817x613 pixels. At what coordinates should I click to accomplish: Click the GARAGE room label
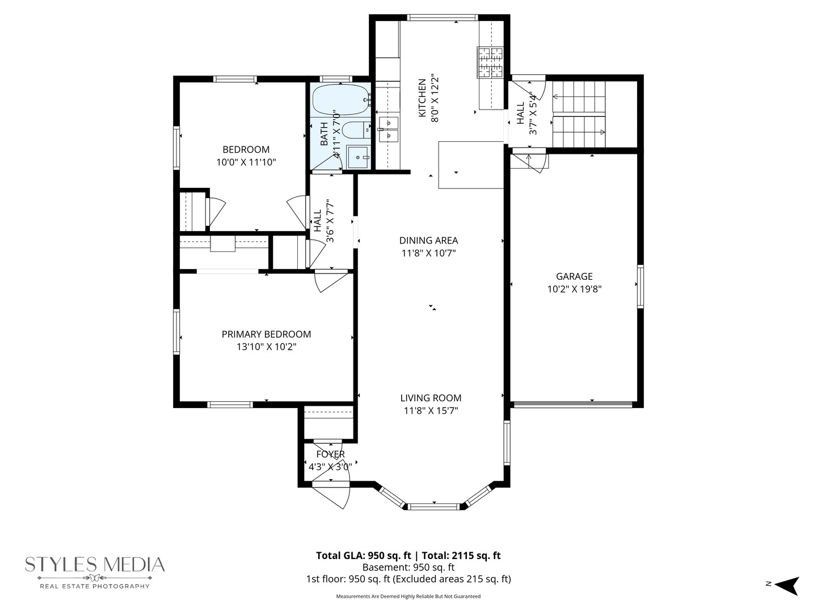tap(574, 276)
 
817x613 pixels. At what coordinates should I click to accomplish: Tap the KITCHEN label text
tap(422, 98)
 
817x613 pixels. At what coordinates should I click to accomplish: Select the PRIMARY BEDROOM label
tap(266, 334)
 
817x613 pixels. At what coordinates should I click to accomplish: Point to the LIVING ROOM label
tap(431, 398)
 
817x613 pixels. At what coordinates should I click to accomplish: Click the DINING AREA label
tap(428, 241)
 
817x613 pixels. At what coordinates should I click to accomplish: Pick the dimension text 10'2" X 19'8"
tap(574, 289)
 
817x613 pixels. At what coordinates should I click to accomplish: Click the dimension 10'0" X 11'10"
tap(246, 162)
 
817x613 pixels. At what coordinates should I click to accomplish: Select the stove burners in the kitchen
tap(490, 62)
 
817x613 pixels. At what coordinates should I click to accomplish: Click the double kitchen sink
tap(388, 129)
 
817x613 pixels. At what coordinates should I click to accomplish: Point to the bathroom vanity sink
tap(359, 157)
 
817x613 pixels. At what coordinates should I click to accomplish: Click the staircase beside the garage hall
tap(579, 114)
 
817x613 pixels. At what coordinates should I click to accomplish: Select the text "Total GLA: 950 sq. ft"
tap(364, 556)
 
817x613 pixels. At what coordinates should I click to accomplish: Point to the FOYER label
tap(331, 454)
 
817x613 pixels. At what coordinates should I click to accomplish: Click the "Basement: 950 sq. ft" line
tap(408, 567)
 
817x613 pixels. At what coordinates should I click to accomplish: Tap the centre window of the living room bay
tap(433, 506)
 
